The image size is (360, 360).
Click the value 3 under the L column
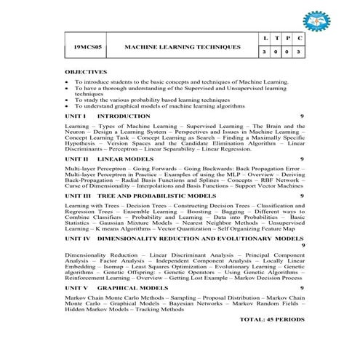(x=265, y=53)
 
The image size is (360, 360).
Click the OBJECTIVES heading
(x=86, y=72)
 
